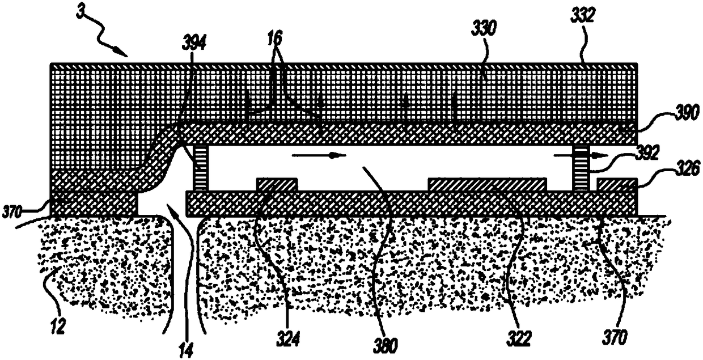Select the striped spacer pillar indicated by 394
[202, 168]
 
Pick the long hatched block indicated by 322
[487, 185]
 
